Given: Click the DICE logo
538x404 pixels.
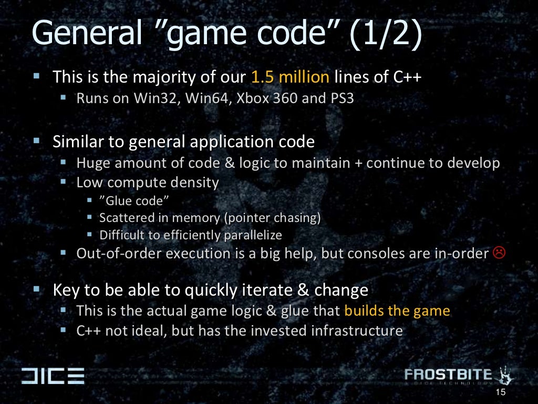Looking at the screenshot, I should [53, 376].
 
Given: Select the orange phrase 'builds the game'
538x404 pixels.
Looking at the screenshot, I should [397, 310].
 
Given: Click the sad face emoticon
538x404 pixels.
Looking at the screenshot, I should [499, 253].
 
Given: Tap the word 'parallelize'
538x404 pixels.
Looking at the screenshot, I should [252, 235].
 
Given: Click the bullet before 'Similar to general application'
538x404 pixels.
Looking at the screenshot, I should [37, 140].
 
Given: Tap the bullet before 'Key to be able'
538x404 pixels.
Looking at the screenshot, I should [37, 289].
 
